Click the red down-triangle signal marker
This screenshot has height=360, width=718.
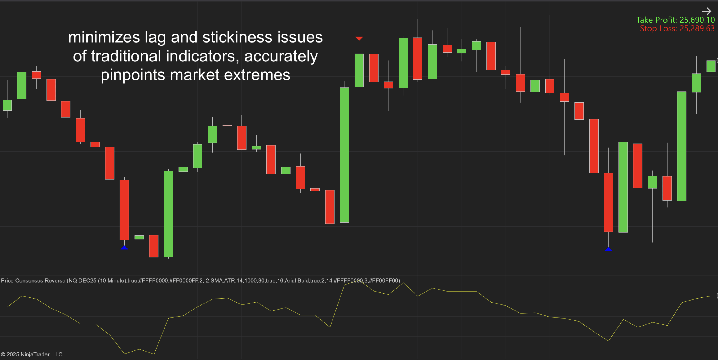tap(359, 38)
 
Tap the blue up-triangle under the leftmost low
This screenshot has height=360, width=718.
tap(125, 248)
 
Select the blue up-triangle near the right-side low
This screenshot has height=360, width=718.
tap(608, 249)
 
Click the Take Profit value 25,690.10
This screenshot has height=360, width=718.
tap(697, 20)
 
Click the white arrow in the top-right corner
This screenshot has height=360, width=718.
tap(707, 11)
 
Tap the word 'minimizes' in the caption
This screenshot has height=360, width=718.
tap(104, 37)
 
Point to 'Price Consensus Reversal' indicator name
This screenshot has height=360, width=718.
tap(34, 281)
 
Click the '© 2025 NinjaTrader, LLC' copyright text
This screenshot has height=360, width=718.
tap(32, 354)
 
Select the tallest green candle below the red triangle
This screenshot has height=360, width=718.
tap(344, 155)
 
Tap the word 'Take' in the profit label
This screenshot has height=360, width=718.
tap(645, 20)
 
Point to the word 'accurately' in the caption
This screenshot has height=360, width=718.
tap(281, 56)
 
